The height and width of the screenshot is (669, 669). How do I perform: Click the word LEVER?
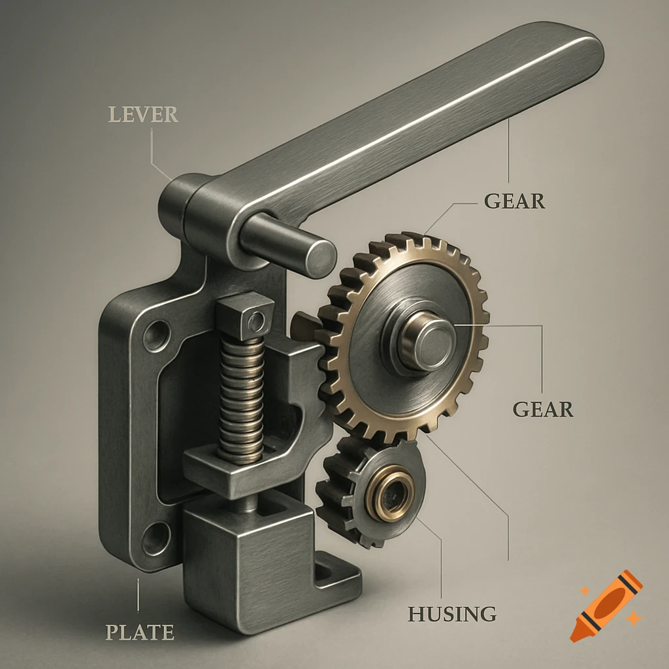click(x=143, y=114)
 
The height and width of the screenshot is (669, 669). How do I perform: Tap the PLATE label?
click(x=140, y=632)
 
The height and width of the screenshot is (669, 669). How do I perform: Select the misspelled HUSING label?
click(x=451, y=613)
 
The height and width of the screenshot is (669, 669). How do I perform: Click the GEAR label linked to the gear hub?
click(x=542, y=409)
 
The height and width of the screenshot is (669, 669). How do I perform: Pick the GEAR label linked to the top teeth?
click(x=514, y=201)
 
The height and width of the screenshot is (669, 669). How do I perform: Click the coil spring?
click(x=241, y=399)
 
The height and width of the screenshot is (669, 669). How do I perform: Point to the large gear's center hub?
click(x=427, y=341)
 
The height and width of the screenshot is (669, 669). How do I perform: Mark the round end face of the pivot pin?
click(x=320, y=258)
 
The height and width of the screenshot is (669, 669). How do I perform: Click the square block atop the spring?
click(x=245, y=317)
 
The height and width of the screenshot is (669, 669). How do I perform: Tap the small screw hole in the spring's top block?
click(x=257, y=321)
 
